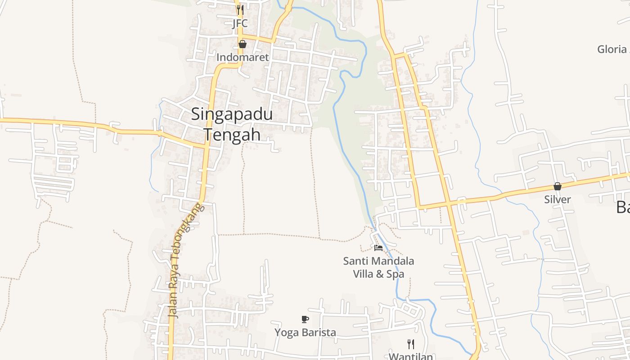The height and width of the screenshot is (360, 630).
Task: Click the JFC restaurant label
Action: (x=240, y=23)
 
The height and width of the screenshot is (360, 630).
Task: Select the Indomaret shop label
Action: (x=243, y=57)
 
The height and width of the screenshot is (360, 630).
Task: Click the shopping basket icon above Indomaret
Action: (x=243, y=44)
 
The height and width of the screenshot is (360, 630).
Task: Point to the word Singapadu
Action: (x=232, y=114)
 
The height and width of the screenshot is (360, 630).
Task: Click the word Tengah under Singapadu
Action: (x=232, y=134)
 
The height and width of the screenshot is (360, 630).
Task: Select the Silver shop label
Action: (x=558, y=199)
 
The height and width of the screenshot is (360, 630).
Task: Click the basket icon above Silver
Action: (x=558, y=186)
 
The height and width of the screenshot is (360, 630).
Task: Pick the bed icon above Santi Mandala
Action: (x=378, y=248)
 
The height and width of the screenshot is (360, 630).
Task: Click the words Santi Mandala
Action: (x=378, y=261)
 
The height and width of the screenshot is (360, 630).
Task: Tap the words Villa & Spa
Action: (x=378, y=274)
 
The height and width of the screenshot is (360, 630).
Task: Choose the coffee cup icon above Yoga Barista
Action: (x=305, y=319)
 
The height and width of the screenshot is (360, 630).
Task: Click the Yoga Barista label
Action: (x=306, y=333)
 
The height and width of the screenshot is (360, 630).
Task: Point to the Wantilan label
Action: (x=411, y=356)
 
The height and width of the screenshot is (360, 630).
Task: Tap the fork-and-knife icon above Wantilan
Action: (x=411, y=344)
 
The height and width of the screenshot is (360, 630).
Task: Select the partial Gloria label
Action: (x=612, y=49)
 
